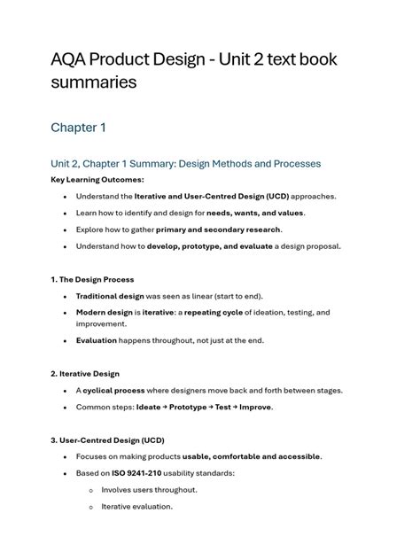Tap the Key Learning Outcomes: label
[97, 180]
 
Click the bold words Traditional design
[110, 296]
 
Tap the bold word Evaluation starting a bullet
[97, 340]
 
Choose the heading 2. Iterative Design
[85, 374]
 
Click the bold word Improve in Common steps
[256, 408]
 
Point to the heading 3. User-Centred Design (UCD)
[108, 440]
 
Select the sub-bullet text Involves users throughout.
[149, 490]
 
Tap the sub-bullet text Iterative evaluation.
[136, 507]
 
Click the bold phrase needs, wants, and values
[255, 213]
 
